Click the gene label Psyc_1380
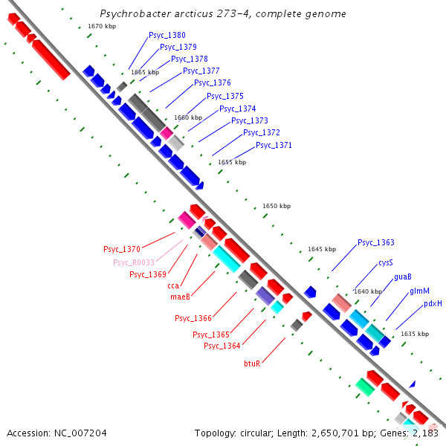point(167,35)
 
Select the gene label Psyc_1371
point(274,145)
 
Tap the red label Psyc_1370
point(122,249)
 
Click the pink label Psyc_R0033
point(134,262)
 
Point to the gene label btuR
point(252,363)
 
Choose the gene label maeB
point(181,297)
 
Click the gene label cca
point(173,285)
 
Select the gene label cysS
point(385,263)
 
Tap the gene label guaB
point(403,277)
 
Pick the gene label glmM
point(419,291)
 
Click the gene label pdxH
point(433,303)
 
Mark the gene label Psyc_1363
point(376,242)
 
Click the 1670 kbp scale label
point(101,26)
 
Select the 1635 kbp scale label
point(415,334)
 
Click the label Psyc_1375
point(225,96)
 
